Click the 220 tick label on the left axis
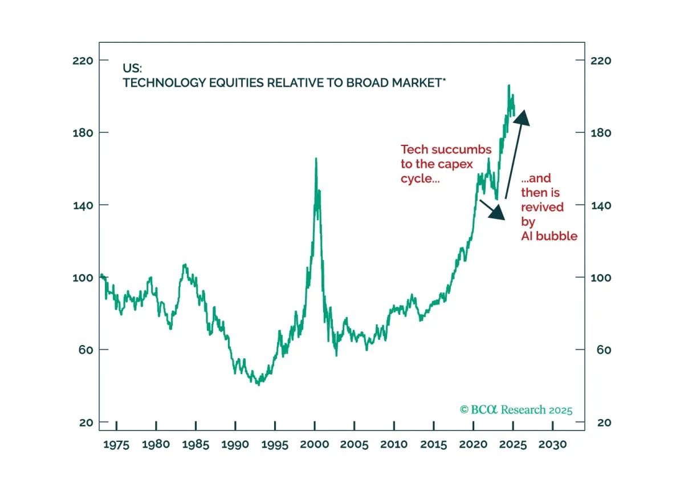pyautogui.click(x=83, y=61)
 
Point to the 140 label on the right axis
pyautogui.click(x=601, y=206)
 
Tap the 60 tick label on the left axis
pyautogui.click(x=86, y=350)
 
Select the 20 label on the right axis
pyautogui.click(x=604, y=423)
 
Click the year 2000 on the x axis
pyautogui.click(x=315, y=444)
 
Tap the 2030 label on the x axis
pyautogui.click(x=553, y=444)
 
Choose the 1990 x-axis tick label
pyautogui.click(x=235, y=444)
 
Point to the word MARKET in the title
pyautogui.click(x=417, y=83)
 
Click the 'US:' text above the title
pyautogui.click(x=132, y=68)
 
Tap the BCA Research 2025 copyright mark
pyautogui.click(x=516, y=409)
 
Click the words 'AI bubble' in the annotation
pyautogui.click(x=549, y=236)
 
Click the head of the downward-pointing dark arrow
pyautogui.click(x=504, y=220)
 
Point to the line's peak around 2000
pyautogui.click(x=316, y=159)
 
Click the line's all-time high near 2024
pyautogui.click(x=508, y=85)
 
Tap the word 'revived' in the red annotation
pyautogui.click(x=542, y=207)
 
